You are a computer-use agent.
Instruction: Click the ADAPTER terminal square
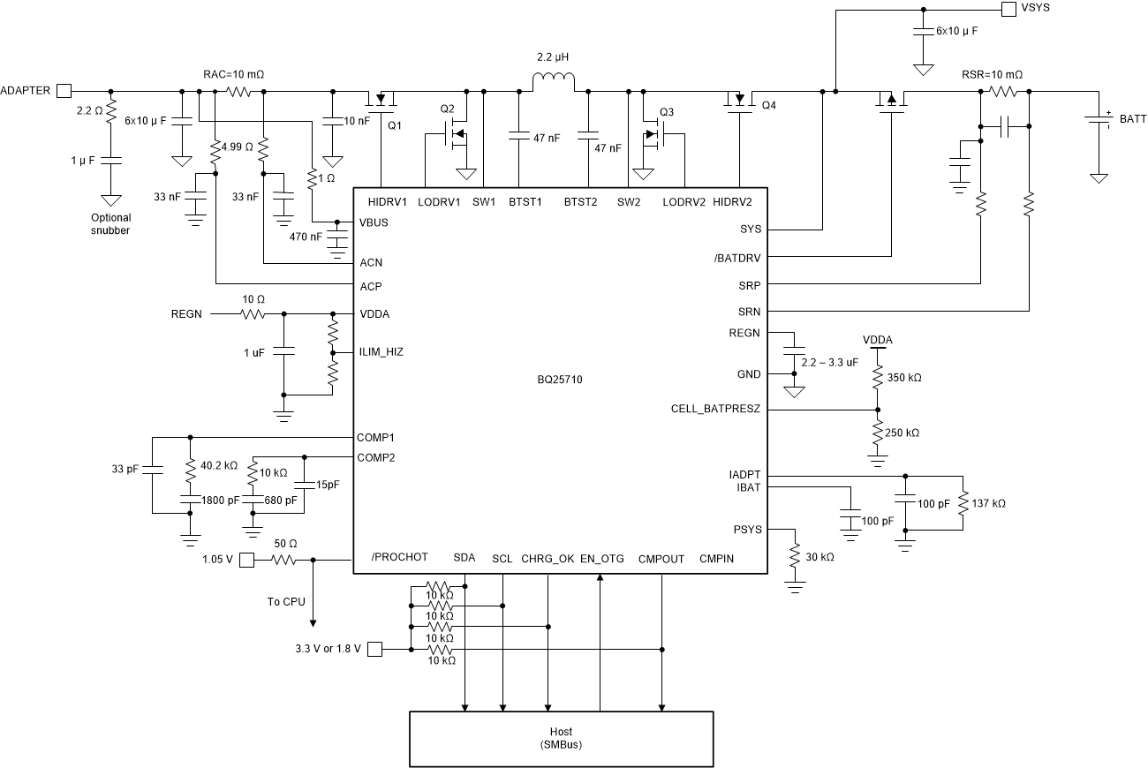pos(64,90)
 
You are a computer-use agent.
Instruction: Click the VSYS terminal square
pos(1008,10)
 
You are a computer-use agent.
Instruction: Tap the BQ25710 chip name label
pos(561,380)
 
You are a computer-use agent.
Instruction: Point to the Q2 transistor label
pos(448,109)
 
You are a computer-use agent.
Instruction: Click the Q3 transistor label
pos(666,112)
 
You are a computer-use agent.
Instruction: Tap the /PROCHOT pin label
pos(399,557)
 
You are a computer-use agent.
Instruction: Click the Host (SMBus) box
pos(561,737)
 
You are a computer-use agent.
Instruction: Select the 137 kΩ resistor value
pos(988,503)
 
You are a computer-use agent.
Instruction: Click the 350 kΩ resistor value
pos(903,377)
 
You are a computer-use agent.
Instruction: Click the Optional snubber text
pos(110,223)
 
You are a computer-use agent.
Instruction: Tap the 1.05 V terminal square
pos(248,560)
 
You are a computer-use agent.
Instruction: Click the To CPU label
pos(286,601)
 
